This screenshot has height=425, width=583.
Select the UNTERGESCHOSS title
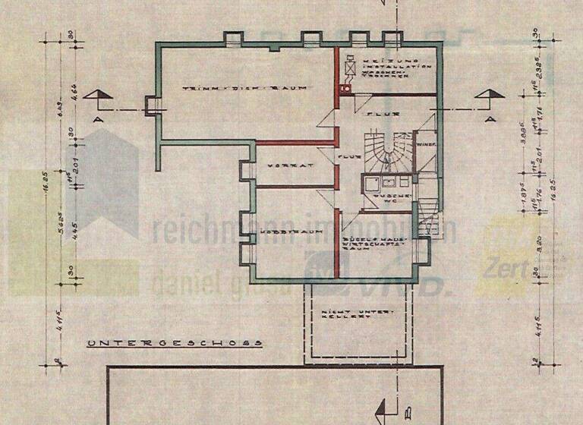(175, 343)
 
